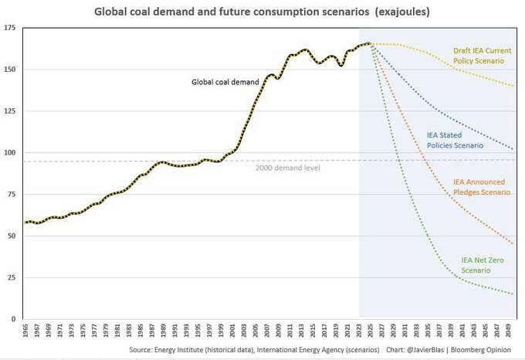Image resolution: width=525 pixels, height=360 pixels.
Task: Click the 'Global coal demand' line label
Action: pos(225,82)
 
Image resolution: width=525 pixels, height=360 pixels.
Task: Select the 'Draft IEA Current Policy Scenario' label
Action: pos(482,56)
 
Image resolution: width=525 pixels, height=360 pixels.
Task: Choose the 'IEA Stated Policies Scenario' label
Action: pos(455,139)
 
